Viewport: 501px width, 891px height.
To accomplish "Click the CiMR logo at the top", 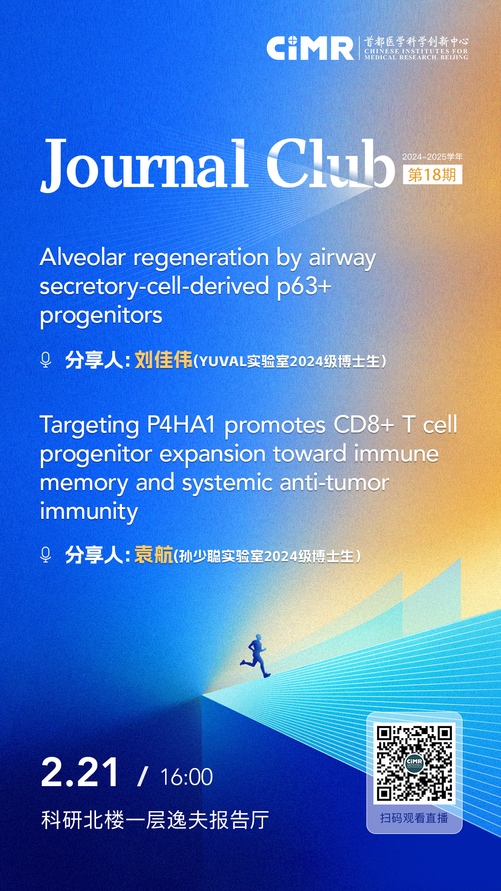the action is (x=310, y=48).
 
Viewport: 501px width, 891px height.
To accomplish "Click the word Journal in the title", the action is (x=144, y=165).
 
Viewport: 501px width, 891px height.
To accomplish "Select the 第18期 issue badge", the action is (x=432, y=174).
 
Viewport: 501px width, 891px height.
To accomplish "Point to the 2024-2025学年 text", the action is (x=432, y=157).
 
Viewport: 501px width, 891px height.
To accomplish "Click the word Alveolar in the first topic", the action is (x=83, y=257).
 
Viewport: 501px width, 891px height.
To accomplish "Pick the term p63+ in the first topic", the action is (x=304, y=287).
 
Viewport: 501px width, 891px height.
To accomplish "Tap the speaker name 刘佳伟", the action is (x=163, y=360).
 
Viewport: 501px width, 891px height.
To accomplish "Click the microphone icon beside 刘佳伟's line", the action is (x=45, y=360).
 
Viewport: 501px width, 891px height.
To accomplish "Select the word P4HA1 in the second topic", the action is (x=181, y=425).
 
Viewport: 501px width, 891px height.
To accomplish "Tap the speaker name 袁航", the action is (x=154, y=555).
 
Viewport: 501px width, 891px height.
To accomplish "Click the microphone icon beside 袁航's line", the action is (x=45, y=555).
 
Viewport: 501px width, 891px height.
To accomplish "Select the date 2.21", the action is (x=80, y=773).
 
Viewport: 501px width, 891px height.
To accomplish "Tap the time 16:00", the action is (x=186, y=777).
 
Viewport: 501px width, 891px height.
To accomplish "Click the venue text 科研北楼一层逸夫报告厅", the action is (x=155, y=820).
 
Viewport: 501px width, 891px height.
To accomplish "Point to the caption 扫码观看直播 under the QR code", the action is (x=414, y=818).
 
